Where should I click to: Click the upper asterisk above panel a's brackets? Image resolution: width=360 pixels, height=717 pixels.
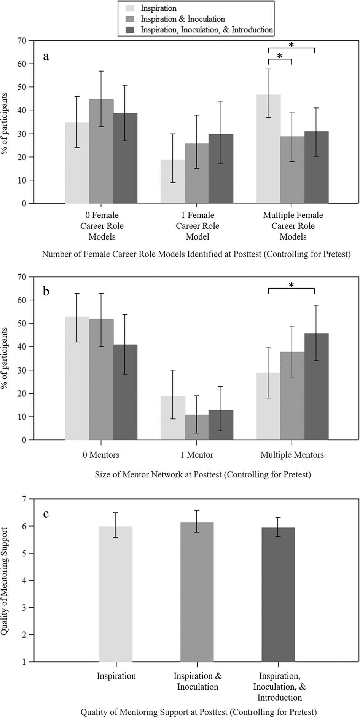(291, 45)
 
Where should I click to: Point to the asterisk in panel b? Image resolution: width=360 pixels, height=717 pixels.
(291, 285)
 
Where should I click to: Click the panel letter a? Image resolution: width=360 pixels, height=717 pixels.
(46, 57)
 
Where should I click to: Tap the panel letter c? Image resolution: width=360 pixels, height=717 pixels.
(46, 514)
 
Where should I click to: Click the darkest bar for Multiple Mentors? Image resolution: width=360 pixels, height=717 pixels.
(316, 386)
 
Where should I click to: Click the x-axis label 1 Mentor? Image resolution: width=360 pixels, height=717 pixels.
(197, 455)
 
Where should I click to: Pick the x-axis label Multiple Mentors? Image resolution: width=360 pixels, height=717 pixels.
(292, 455)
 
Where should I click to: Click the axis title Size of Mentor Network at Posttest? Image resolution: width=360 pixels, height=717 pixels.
(203, 475)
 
